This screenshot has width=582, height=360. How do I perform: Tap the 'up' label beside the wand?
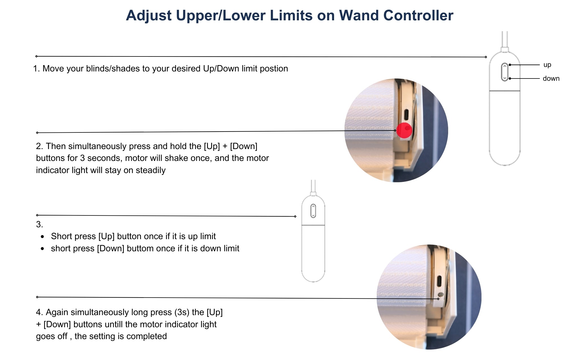(x=547, y=65)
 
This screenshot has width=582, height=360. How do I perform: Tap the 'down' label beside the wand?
(x=551, y=78)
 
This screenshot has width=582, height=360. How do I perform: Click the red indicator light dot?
(x=404, y=130)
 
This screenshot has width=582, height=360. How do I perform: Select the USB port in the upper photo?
(x=406, y=115)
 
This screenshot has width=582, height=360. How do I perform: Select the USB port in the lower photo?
(x=439, y=281)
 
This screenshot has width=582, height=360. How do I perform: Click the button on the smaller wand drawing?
(x=313, y=211)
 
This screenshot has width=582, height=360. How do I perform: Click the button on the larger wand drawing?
(x=504, y=72)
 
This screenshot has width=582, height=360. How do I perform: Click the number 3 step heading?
(x=39, y=224)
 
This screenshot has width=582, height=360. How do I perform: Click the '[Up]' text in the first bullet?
(x=106, y=236)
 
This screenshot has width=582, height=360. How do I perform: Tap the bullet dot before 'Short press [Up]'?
(x=42, y=237)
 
